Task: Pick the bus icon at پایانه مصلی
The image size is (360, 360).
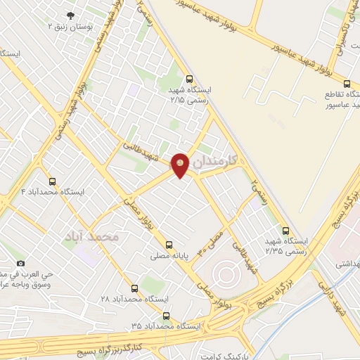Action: pyautogui.click(x=168, y=245)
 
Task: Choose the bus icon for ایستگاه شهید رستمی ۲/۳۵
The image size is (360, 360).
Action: pyautogui.click(x=285, y=230)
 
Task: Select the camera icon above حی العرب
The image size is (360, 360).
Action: pyautogui.click(x=20, y=262)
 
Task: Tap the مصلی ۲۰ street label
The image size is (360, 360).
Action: pyautogui.click(x=211, y=241)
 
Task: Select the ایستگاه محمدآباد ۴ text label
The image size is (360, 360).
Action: pyautogui.click(x=53, y=191)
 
